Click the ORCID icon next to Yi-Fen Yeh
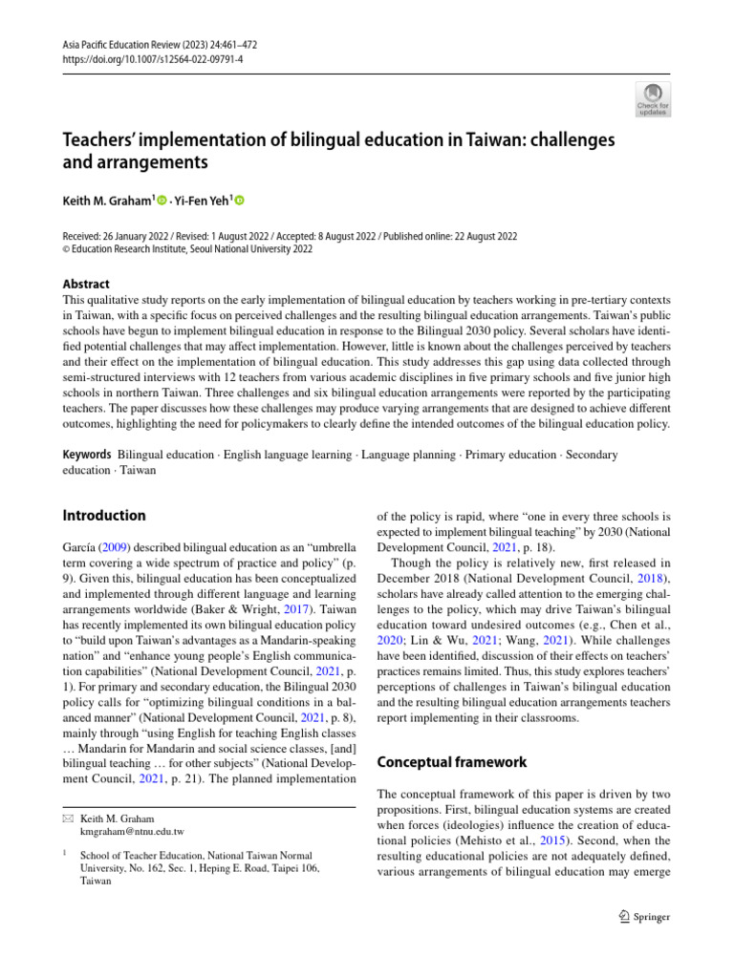[239, 201]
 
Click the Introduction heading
[104, 515]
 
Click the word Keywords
[87, 455]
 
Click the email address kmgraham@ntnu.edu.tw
[131, 833]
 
